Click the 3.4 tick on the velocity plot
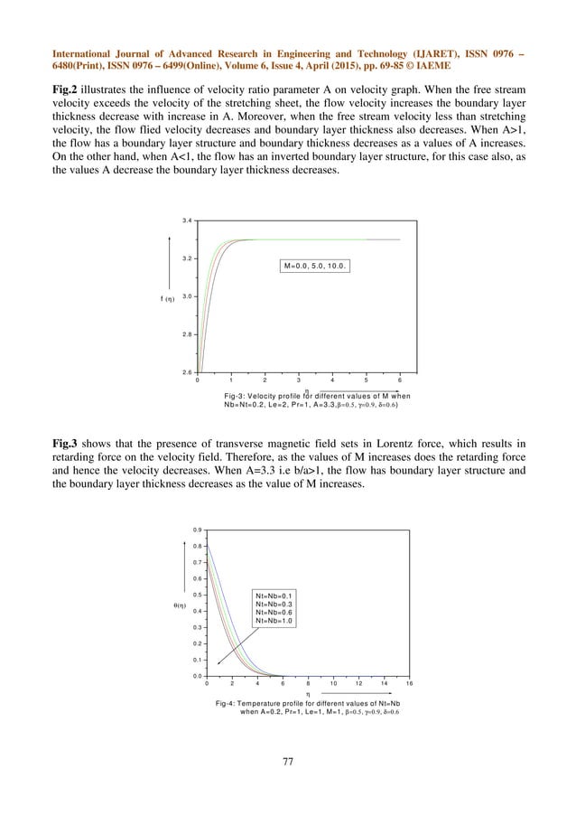186,220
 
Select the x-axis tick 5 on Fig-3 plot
366,380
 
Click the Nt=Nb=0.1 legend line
276,595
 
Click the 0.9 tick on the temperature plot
197,530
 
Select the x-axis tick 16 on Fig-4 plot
409,684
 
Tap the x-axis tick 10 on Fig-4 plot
333,684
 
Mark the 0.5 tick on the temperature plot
197,595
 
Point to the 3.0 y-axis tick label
186,296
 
